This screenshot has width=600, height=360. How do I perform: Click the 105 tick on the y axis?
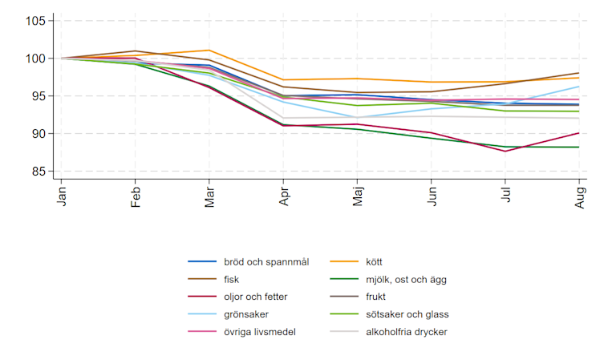click(35, 21)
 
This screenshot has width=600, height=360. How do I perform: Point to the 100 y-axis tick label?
click(35, 59)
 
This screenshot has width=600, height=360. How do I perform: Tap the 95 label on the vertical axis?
click(38, 96)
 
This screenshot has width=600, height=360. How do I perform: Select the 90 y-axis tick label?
click(38, 134)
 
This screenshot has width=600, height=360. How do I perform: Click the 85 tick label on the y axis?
click(38, 172)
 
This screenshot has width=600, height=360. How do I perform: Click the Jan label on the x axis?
click(62, 196)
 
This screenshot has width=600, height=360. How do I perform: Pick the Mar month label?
click(209, 197)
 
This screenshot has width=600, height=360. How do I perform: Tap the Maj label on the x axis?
click(358, 196)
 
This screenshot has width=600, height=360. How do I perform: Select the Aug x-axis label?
click(580, 197)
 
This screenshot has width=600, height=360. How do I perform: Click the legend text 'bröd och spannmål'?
click(266, 262)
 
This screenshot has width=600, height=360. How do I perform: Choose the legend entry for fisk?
click(232, 280)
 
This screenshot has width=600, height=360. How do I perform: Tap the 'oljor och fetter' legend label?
click(256, 297)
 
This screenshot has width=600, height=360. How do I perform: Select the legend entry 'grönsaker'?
click(246, 314)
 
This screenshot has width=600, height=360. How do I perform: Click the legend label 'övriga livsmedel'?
click(260, 332)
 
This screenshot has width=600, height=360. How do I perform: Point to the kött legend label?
click(374, 262)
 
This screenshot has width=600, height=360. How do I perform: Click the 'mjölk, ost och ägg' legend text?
click(406, 280)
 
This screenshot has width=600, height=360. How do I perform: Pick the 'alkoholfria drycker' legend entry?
click(407, 332)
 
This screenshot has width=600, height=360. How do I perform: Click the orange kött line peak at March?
click(209, 51)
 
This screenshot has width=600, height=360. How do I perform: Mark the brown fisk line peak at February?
click(135, 51)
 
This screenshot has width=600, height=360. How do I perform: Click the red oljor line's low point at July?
click(505, 151)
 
